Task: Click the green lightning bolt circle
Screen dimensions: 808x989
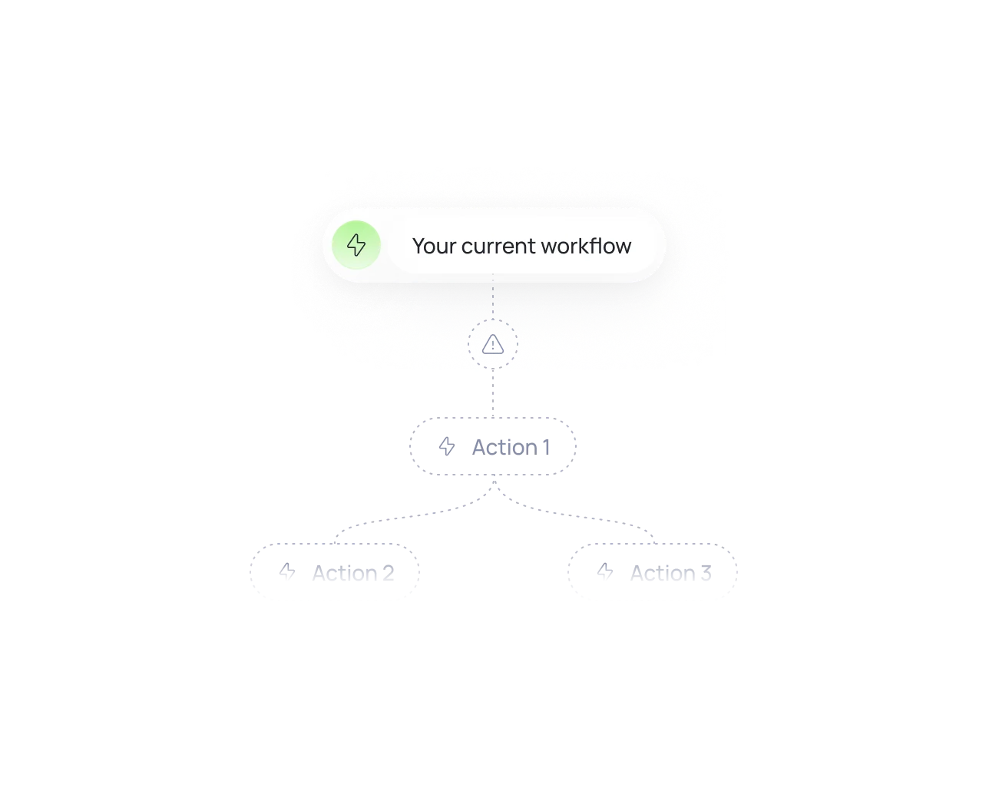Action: click(x=356, y=245)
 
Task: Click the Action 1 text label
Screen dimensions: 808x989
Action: click(x=510, y=447)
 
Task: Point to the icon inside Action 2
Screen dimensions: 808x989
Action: click(x=287, y=571)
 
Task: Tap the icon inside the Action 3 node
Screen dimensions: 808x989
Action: click(x=606, y=571)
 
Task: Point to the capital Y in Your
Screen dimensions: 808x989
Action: click(x=418, y=246)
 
